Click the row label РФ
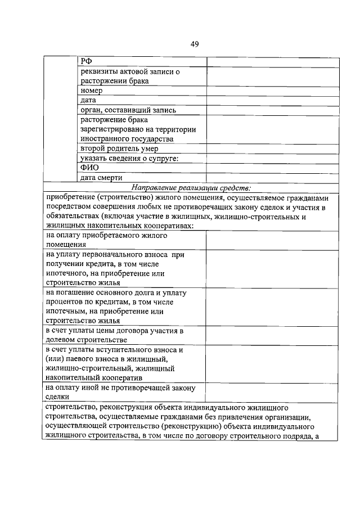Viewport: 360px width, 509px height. click(x=86, y=62)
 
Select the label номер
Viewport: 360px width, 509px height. click(x=92, y=91)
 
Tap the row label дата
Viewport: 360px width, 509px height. click(x=89, y=100)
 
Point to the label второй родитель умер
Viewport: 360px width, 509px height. click(x=119, y=148)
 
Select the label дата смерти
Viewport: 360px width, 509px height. click(x=102, y=177)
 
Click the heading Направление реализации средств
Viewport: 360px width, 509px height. click(x=191, y=187)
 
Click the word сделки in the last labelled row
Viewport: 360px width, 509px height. click(x=57, y=397)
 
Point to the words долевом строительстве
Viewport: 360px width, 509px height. click(x=86, y=339)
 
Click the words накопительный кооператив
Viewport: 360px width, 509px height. click(x=93, y=377)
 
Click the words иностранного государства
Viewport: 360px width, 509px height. click(x=127, y=139)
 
